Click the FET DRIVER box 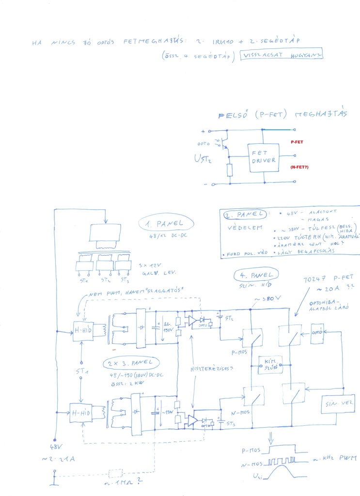tap(264, 157)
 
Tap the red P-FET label tap(297, 142)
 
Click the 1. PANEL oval tap(166, 224)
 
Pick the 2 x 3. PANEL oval tap(130, 363)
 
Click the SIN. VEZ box tap(338, 403)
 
